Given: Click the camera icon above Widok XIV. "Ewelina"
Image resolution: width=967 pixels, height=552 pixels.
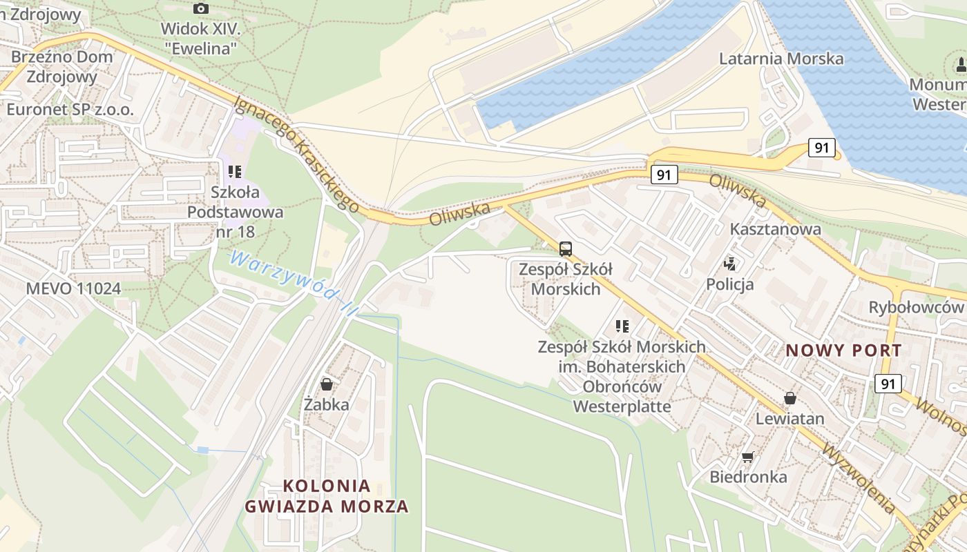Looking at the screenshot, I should click(201, 8).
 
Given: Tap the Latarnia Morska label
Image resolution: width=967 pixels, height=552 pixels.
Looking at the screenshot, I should click(781, 59).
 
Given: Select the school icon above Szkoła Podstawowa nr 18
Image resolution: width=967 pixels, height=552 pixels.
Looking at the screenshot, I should click(235, 171).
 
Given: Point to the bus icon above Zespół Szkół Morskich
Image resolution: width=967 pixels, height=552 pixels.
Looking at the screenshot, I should click(565, 249).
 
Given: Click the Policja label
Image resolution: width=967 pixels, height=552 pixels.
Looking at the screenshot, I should click(729, 284).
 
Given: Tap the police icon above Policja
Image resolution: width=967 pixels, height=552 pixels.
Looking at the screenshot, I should click(729, 263).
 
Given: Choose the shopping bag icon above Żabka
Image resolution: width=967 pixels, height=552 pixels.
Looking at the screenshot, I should click(327, 384).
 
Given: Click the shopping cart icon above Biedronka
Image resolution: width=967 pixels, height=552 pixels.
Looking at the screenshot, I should click(747, 457).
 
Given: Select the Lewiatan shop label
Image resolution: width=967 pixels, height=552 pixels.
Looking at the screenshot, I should click(789, 419).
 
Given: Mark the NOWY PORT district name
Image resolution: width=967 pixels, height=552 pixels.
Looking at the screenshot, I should click(843, 351).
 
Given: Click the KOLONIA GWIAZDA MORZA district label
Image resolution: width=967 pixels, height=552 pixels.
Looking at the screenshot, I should click(327, 496).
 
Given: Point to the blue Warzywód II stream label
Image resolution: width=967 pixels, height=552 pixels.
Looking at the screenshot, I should click(293, 284).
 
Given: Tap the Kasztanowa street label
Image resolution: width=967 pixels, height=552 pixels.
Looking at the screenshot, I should click(776, 229).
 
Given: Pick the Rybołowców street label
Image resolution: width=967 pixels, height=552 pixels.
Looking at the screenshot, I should click(915, 307).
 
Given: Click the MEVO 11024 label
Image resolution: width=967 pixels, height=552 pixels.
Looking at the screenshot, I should click(73, 288).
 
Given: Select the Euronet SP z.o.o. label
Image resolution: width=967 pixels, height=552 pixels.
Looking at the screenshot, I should click(70, 109).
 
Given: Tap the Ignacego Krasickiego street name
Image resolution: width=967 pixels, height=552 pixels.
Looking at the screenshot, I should click(296, 154).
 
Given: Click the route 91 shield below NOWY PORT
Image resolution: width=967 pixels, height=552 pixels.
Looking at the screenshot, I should click(888, 383).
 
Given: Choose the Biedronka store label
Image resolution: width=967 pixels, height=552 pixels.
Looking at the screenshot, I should click(748, 477).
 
